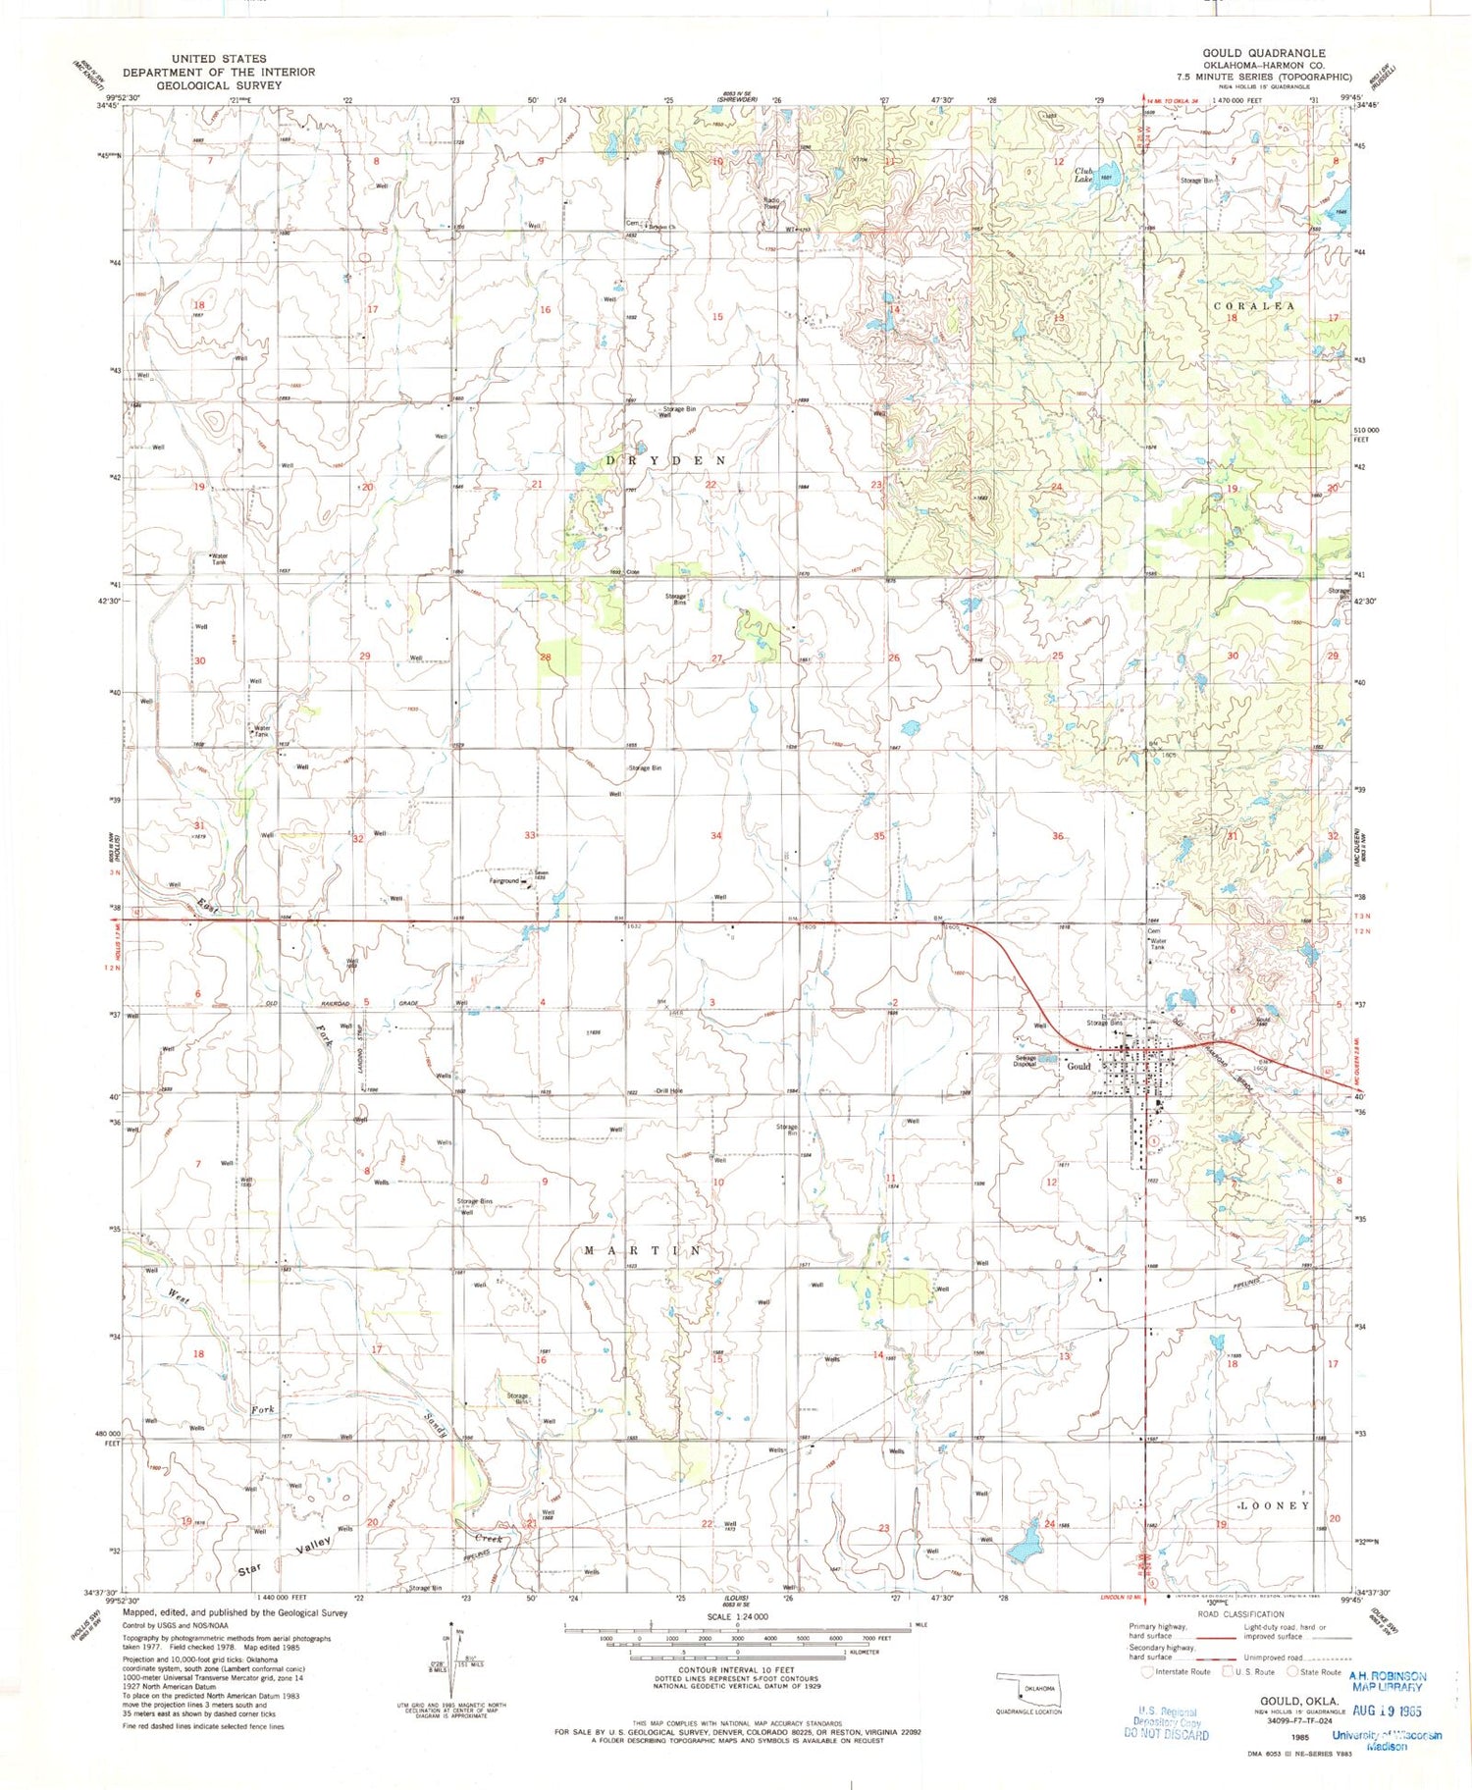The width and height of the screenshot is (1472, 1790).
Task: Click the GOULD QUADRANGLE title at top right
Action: tap(1264, 53)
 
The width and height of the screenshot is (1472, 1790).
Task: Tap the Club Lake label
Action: tap(1083, 175)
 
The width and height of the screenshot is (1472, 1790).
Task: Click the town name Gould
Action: tap(1078, 1066)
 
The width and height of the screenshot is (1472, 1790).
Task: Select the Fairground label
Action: tap(504, 880)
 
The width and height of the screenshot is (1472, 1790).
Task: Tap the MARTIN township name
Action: tap(643, 1250)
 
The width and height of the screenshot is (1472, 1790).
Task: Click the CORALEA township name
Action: tap(1253, 306)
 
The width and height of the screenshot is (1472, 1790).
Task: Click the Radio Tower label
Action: tap(772, 203)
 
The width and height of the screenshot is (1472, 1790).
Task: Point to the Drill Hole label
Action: tap(669, 1091)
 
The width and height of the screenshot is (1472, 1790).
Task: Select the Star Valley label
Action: tap(286, 1557)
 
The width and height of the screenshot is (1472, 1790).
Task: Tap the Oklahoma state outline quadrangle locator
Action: tap(1026, 1689)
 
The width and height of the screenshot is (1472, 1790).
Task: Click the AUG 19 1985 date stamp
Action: tap(1388, 1709)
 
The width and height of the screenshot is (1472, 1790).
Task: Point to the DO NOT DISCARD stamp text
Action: tap(1167, 1734)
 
